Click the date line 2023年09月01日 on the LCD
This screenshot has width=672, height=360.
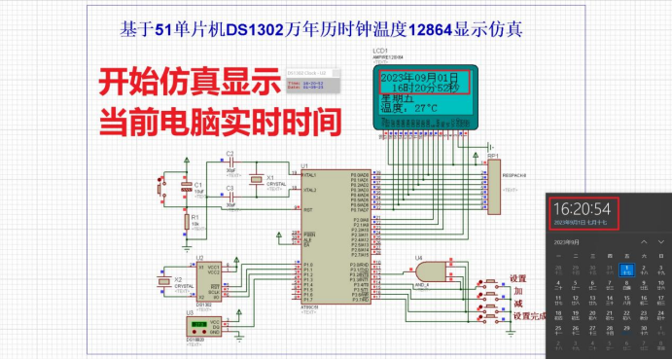417,76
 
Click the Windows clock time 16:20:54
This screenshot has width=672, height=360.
582,207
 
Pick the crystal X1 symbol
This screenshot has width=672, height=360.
256,180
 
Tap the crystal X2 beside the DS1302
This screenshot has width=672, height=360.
162,282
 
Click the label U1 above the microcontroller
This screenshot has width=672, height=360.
304,166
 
